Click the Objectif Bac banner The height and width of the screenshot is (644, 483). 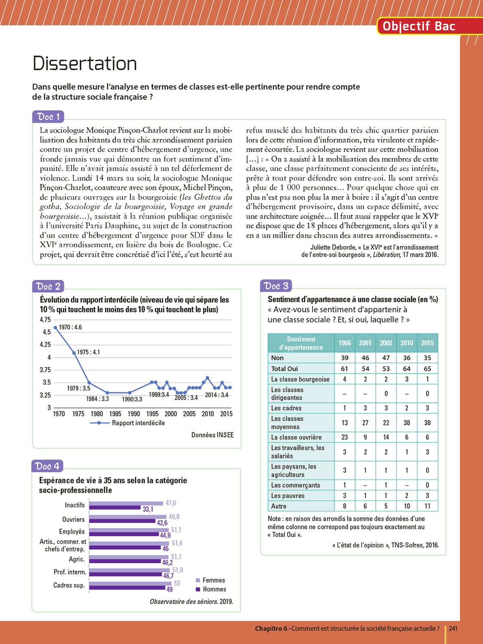(419, 26)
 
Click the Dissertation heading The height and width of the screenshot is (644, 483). (85, 64)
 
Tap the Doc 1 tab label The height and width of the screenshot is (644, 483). (48, 117)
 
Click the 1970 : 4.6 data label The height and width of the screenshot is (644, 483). (70, 327)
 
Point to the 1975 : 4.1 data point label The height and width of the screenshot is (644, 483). (88, 352)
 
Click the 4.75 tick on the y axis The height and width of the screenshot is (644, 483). (45, 320)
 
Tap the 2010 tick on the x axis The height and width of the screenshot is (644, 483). (208, 414)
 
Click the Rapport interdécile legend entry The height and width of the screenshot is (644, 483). (138, 423)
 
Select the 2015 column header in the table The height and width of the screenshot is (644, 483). (427, 343)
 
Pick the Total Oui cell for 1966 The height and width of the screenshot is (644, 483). (344, 368)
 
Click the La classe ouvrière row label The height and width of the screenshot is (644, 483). (296, 437)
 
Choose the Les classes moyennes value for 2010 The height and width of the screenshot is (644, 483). (407, 422)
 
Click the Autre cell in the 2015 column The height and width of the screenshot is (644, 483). (427, 506)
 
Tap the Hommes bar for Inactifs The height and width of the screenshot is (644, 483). (115, 507)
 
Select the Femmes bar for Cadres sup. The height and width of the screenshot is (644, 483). (131, 583)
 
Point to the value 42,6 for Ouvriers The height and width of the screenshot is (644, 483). (162, 523)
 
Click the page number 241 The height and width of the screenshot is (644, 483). (453, 629)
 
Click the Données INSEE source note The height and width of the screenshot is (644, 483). (213, 435)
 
